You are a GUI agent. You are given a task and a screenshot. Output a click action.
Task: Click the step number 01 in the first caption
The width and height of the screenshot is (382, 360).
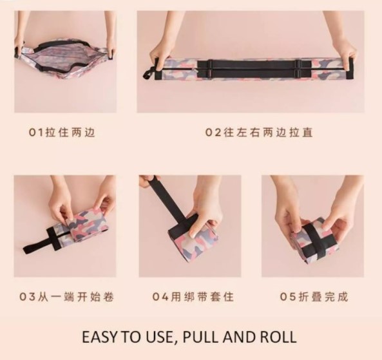[x=36, y=133]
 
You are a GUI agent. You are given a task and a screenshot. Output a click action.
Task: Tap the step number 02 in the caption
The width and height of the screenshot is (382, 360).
[x=213, y=133]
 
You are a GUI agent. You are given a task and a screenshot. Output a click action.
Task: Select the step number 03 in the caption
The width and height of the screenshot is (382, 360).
[x=28, y=297]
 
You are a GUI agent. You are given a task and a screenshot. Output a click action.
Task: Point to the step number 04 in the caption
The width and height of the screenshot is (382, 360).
[x=160, y=297]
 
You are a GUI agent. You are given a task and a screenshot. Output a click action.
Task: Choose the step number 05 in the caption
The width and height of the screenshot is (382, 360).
[x=288, y=297]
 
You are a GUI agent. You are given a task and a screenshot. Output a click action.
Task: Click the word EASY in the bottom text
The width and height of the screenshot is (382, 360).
[x=100, y=337]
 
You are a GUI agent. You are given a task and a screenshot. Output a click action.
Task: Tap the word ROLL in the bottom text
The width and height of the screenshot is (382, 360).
[x=278, y=337]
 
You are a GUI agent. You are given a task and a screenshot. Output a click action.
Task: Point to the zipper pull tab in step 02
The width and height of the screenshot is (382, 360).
[x=148, y=73]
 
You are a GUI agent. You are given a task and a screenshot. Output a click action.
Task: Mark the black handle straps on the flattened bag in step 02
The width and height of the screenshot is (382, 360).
[x=253, y=70]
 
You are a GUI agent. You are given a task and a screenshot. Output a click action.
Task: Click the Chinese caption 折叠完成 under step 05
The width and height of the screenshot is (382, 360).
[x=323, y=297]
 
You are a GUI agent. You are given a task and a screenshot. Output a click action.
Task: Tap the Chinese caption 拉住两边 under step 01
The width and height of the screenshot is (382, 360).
[x=70, y=133]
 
